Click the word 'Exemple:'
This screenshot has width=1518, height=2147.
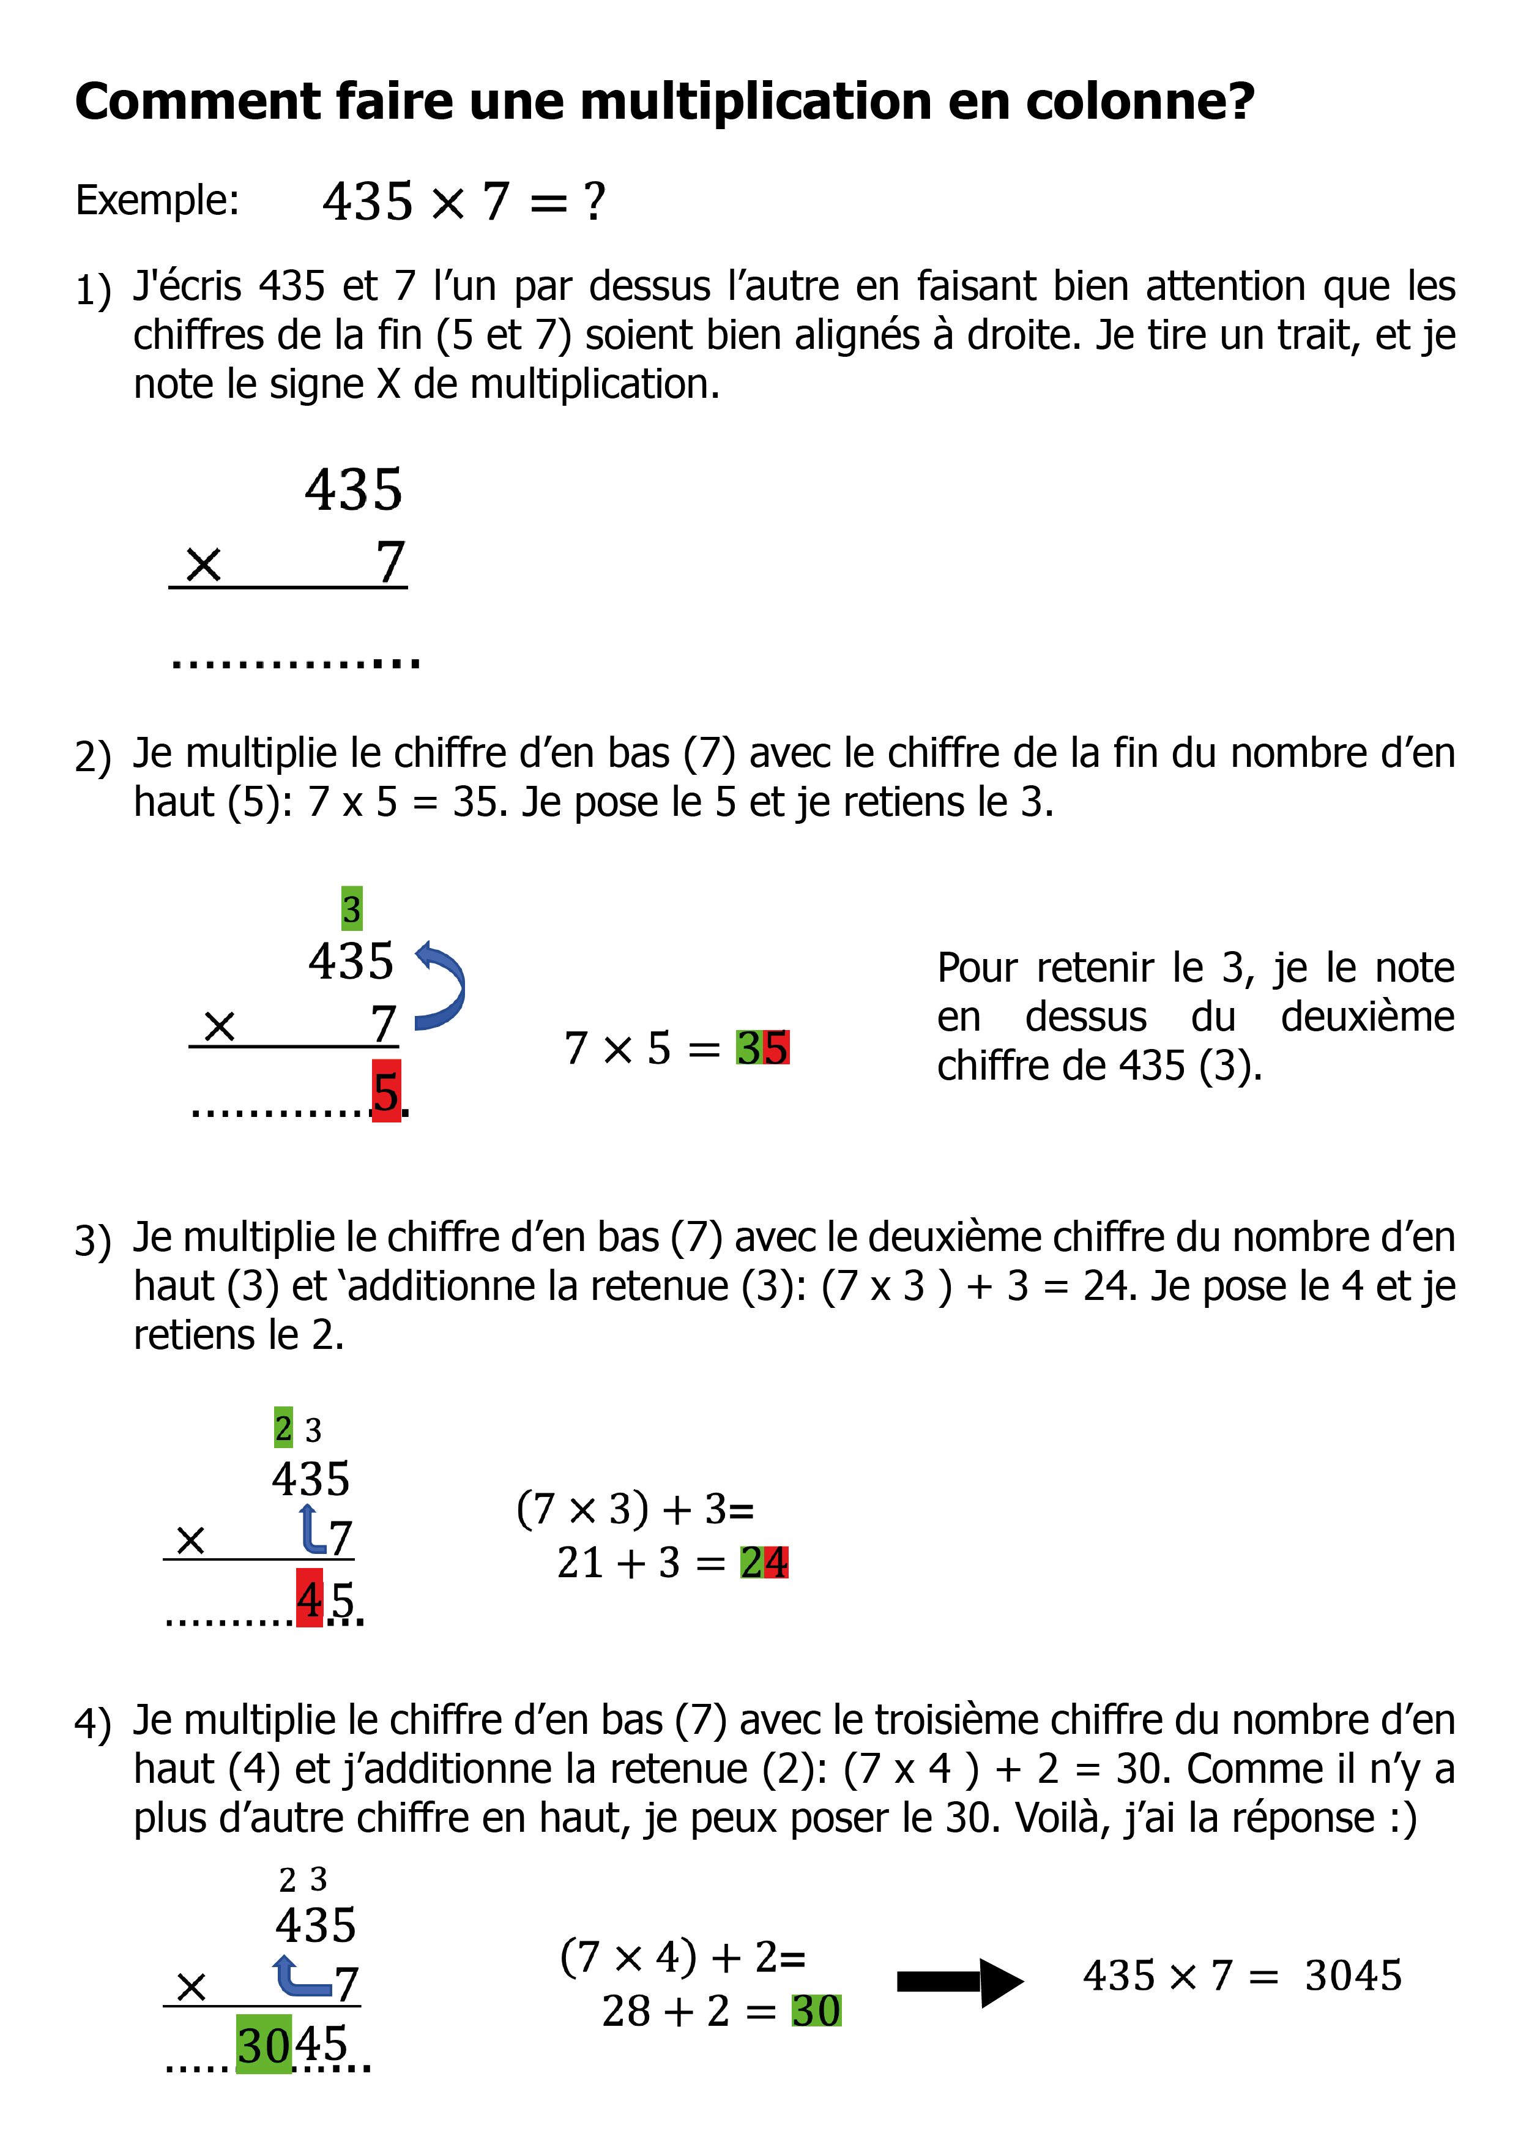[x=157, y=200]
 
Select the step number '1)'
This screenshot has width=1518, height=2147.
[x=92, y=290]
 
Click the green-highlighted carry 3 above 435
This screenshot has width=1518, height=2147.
[x=351, y=909]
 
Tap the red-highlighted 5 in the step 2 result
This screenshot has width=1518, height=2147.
[x=386, y=1091]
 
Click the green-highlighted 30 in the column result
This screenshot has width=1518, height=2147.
[x=264, y=2045]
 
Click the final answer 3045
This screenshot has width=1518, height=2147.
[x=1353, y=1976]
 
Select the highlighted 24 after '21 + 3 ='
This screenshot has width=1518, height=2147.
[x=764, y=1563]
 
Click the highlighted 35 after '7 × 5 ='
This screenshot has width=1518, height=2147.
[x=762, y=1047]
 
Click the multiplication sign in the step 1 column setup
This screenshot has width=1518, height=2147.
[x=203, y=565]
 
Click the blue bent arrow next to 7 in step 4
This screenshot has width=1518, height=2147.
[x=302, y=1975]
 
